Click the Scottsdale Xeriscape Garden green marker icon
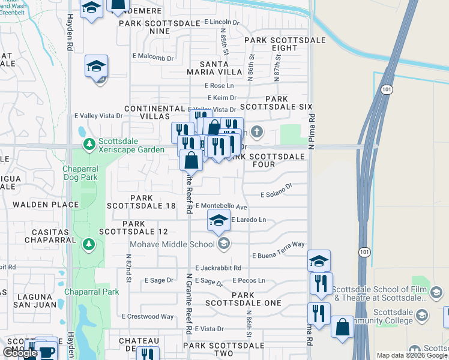(89, 143)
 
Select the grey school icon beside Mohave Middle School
(224, 243)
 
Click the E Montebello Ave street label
(221, 206)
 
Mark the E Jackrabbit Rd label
(218, 268)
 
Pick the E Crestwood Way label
(148, 316)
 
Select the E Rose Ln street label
(219, 86)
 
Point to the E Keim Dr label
(222, 97)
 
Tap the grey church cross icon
(257, 131)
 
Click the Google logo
(20, 353)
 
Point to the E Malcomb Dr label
(152, 58)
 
